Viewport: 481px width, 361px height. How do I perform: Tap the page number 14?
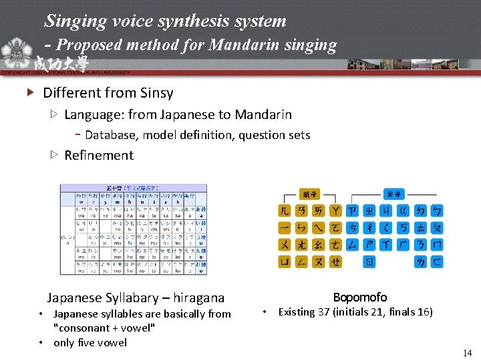point(467,352)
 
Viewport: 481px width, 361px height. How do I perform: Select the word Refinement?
point(99,155)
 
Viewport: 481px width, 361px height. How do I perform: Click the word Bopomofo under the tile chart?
point(360,297)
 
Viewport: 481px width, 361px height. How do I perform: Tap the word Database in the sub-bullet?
point(110,135)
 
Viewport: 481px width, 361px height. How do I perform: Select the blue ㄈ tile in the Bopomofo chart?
point(438,261)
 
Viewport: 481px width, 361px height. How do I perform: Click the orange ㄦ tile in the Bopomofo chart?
point(285,211)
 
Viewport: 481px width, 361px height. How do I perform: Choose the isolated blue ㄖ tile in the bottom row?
point(369,261)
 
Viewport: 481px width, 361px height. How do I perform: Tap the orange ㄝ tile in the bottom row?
point(335,261)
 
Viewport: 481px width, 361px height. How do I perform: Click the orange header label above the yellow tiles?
point(310,193)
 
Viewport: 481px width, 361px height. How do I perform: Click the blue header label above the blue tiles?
point(395,193)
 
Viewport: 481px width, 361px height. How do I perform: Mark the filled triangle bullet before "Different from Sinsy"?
point(29,93)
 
